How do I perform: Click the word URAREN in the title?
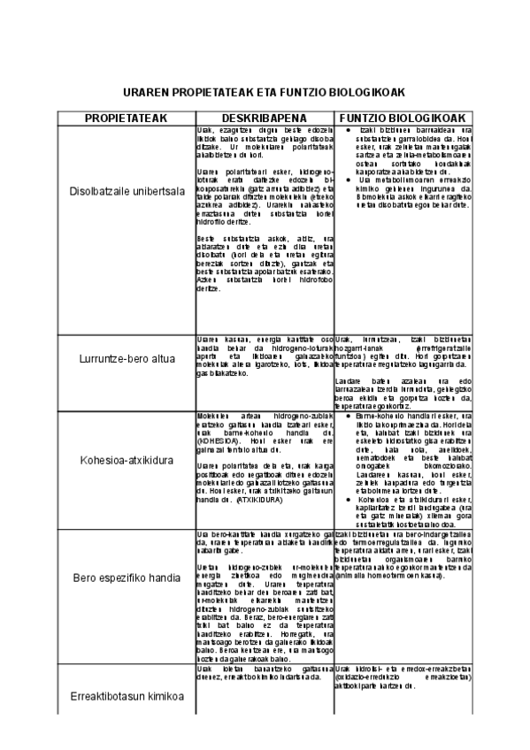coord(146,92)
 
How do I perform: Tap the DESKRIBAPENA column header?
coord(263,119)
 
